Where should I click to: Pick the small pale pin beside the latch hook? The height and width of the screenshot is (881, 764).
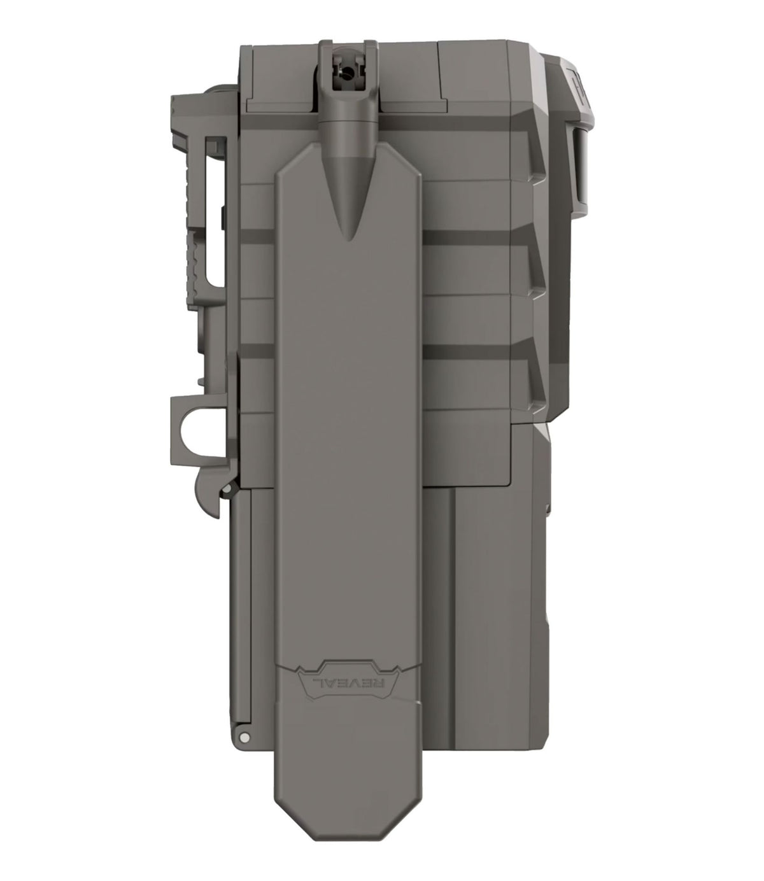click(229, 488)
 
